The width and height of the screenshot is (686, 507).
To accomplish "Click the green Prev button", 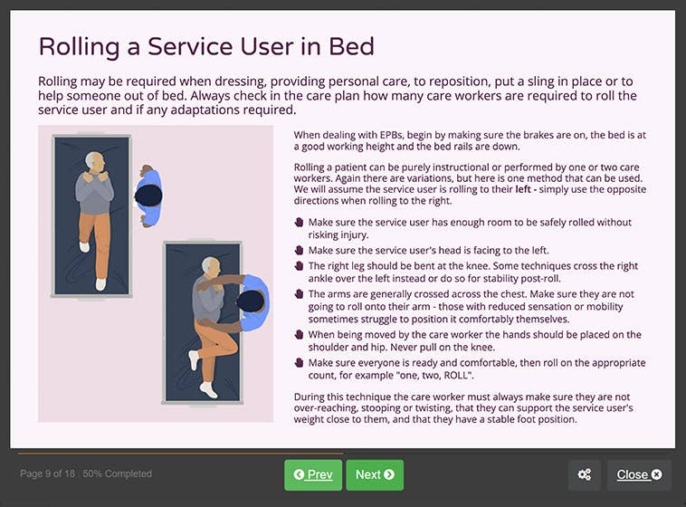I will (312, 474).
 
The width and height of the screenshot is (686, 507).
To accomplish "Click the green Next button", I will (374, 474).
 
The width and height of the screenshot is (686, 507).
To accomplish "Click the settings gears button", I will (585, 474).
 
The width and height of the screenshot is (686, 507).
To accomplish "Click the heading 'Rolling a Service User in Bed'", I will (206, 47).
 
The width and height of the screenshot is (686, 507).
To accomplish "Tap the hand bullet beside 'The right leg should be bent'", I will (299, 266).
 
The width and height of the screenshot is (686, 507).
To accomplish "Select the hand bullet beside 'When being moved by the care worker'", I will (299, 335).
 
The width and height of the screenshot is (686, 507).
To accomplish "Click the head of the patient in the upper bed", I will (94, 163).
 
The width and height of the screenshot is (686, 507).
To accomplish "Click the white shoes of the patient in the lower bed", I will (207, 388).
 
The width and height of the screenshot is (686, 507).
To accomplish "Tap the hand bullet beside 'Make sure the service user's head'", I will (299, 250).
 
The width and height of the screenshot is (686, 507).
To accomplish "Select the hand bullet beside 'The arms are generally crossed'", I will (299, 294).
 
